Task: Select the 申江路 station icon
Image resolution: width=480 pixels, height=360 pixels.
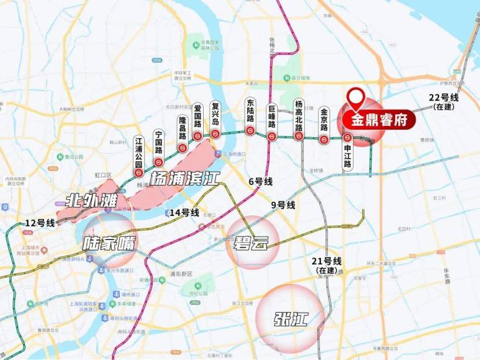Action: click(x=348, y=138)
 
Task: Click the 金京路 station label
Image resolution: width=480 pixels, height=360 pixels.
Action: click(x=324, y=119)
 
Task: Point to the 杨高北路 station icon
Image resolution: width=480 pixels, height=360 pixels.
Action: click(x=299, y=136)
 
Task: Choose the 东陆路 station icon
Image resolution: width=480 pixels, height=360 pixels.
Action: click(x=250, y=130)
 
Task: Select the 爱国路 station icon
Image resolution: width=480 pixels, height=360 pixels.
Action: click(x=197, y=136)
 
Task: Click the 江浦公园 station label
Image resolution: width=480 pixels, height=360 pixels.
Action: click(x=138, y=151)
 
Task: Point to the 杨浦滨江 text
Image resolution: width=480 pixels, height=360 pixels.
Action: click(x=184, y=178)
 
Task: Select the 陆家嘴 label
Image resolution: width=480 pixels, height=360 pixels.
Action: click(x=110, y=244)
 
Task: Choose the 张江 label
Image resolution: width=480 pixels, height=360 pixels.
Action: click(x=290, y=319)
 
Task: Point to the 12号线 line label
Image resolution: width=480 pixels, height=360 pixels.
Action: click(x=40, y=222)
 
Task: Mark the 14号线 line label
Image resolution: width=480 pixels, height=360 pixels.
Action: click(x=184, y=213)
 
